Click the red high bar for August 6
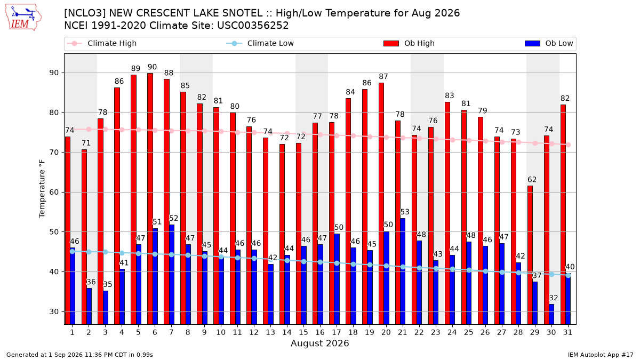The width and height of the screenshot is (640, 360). coord(150,199)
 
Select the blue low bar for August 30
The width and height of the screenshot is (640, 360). coord(551,314)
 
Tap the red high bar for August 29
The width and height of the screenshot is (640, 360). coord(530,255)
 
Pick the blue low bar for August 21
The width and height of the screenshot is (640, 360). coord(403,271)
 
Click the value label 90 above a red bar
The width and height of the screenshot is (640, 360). coord(153,67)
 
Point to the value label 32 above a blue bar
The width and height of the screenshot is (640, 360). coord(554,298)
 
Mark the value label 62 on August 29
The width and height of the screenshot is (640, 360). coord(532,180)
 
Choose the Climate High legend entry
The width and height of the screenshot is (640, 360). coord(101,43)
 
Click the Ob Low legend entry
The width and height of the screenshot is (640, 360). coord(549,43)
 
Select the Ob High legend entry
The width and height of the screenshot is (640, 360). coord(409,43)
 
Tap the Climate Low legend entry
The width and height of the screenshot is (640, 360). coord(260,43)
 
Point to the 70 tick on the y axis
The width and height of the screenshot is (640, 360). coord(54,153)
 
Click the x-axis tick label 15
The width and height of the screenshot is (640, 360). coord(303,333)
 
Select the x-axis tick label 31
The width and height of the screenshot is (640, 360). coord(567,333)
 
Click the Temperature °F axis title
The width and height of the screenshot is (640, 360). coord(42,189)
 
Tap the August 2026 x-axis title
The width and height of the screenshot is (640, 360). coord(320,343)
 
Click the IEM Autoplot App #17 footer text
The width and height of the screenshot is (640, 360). coord(601,355)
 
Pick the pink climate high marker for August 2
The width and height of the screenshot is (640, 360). coord(89,130)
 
